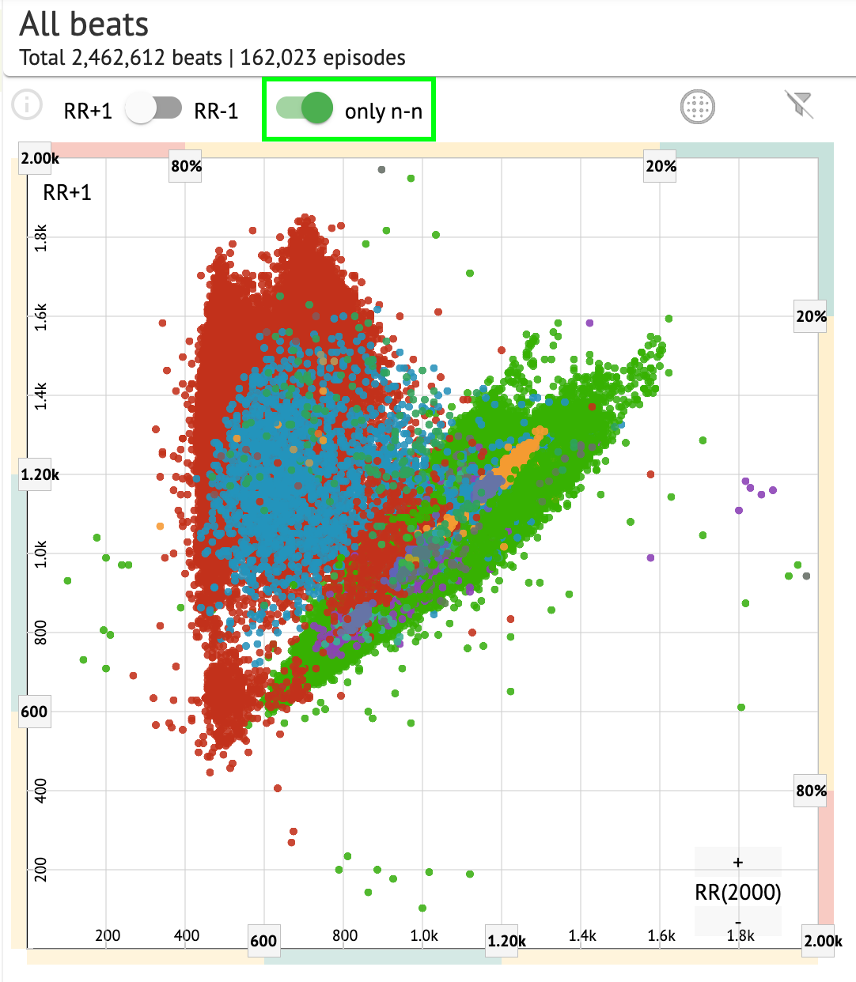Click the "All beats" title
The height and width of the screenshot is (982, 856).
coord(84,25)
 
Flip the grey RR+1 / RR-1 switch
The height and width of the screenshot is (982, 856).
coord(154,109)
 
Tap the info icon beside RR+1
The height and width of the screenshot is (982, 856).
coord(27,104)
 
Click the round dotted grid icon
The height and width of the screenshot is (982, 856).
coord(697,107)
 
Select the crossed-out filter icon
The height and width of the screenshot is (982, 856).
coord(798,104)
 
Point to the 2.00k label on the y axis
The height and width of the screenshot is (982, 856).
coord(40,158)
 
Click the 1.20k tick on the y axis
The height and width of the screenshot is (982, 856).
coord(40,474)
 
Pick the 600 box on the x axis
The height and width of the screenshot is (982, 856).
coord(263,941)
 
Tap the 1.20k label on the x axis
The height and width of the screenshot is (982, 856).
coord(506,941)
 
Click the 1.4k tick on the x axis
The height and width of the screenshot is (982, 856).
coord(582,935)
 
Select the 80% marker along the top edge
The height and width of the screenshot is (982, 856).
coord(186,166)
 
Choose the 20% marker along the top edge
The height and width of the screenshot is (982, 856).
coord(661,166)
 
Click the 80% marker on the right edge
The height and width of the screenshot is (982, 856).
coord(811,791)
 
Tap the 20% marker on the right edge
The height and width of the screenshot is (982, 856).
coord(811,316)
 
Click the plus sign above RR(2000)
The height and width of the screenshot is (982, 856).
coord(738,862)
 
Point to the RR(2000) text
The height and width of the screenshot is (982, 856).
coord(738,893)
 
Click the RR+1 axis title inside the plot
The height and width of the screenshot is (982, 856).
coord(67,192)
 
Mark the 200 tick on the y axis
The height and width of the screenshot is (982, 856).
coord(41,870)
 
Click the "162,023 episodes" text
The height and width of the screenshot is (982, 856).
coord(323,58)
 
